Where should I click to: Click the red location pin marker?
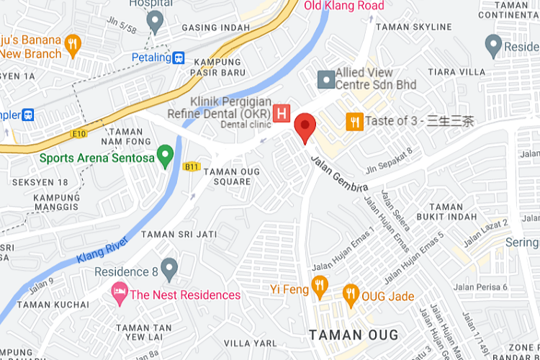coord(306,127)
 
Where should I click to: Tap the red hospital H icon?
coord(282,113)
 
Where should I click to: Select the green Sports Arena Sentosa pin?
coord(166,156)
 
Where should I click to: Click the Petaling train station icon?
coord(179,58)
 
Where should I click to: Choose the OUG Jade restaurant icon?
coord(351,293)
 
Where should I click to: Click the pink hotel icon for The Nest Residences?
coord(118,294)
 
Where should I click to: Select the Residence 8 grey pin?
coord(169,270)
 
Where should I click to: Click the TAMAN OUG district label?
coord(353,335)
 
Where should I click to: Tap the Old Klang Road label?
coord(343,6)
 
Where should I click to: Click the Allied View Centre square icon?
coord(325,78)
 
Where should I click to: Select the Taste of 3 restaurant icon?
coord(354,121)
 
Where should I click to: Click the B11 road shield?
coord(191,166)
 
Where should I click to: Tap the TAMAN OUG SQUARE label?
coord(228,176)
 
